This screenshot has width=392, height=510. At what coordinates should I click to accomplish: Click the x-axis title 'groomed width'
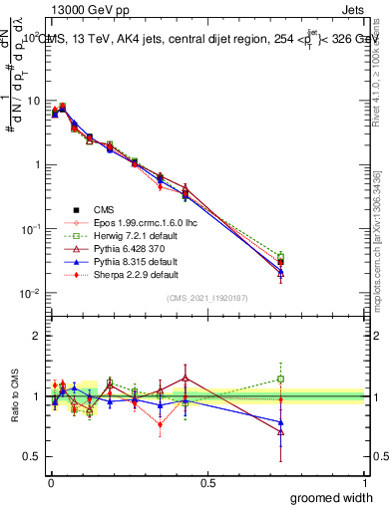pos(332,497)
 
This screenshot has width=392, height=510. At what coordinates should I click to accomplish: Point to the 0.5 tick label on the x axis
pos(206,482)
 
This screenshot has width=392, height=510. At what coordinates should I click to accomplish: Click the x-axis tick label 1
pos(365,482)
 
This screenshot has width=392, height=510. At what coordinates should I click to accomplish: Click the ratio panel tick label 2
pos(37,336)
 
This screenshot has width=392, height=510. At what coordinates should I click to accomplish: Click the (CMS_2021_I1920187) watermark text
pos(206,299)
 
